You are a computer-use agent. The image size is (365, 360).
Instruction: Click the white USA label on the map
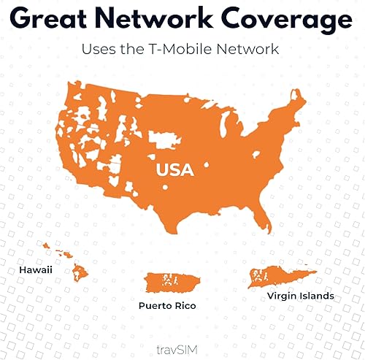click(x=174, y=170)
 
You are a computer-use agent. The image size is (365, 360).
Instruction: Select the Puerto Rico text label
click(x=170, y=306)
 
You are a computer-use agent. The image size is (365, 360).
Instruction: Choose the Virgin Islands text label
click(x=290, y=296)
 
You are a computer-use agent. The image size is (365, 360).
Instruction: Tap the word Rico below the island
click(x=187, y=306)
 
